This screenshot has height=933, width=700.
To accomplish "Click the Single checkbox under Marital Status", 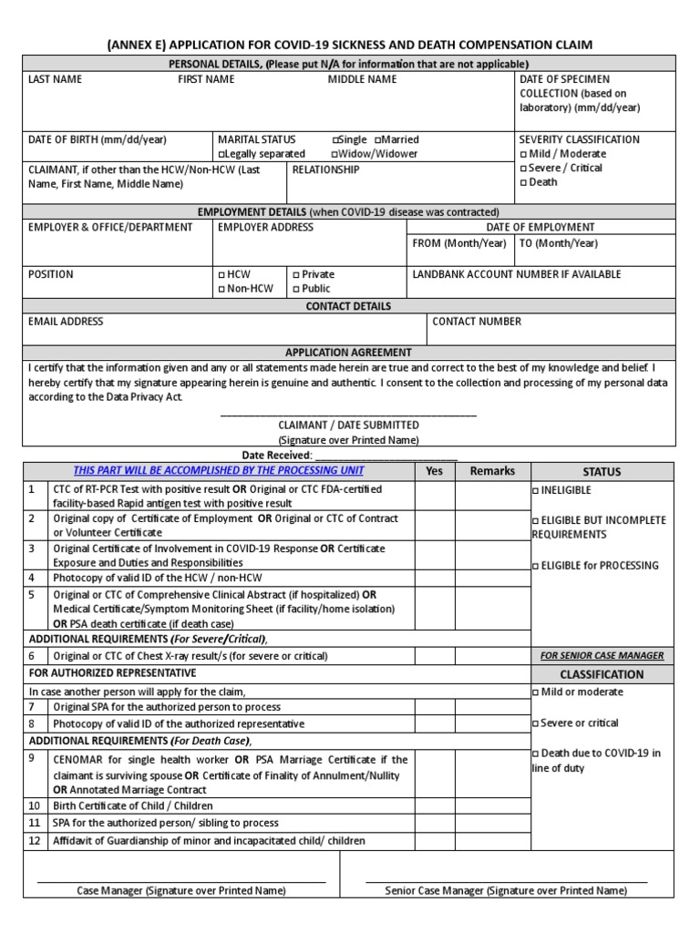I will pos(335,140).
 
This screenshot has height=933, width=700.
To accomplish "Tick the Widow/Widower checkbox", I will pos(335,155).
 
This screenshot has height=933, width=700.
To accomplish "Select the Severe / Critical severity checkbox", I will pos(523,169).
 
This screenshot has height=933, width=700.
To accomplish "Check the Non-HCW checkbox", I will pos(221,289).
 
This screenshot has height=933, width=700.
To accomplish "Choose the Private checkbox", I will pos(295,274).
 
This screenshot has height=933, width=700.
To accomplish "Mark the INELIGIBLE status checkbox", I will pos(535,490).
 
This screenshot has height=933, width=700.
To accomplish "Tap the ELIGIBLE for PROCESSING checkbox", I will pos(535,566).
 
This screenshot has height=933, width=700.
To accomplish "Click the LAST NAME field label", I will pos(55,79).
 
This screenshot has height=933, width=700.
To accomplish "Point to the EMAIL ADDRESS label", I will pos(66,322).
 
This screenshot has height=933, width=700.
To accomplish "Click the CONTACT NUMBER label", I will pos(477,322).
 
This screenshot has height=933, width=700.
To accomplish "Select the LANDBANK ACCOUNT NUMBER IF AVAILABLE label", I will pos(517,274).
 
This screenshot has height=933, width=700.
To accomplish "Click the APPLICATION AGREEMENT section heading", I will pos(348,352).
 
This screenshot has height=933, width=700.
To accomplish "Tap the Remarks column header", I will pos(492,471).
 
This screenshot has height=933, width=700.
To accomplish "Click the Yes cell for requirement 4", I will pos(434,578).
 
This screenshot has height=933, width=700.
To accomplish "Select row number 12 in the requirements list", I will pos(34,841).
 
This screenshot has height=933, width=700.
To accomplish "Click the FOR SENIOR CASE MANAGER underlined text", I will pos(602,655).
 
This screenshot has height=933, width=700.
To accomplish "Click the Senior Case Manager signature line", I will pos(506,881).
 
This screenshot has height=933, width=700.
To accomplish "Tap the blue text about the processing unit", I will pos(219,470).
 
